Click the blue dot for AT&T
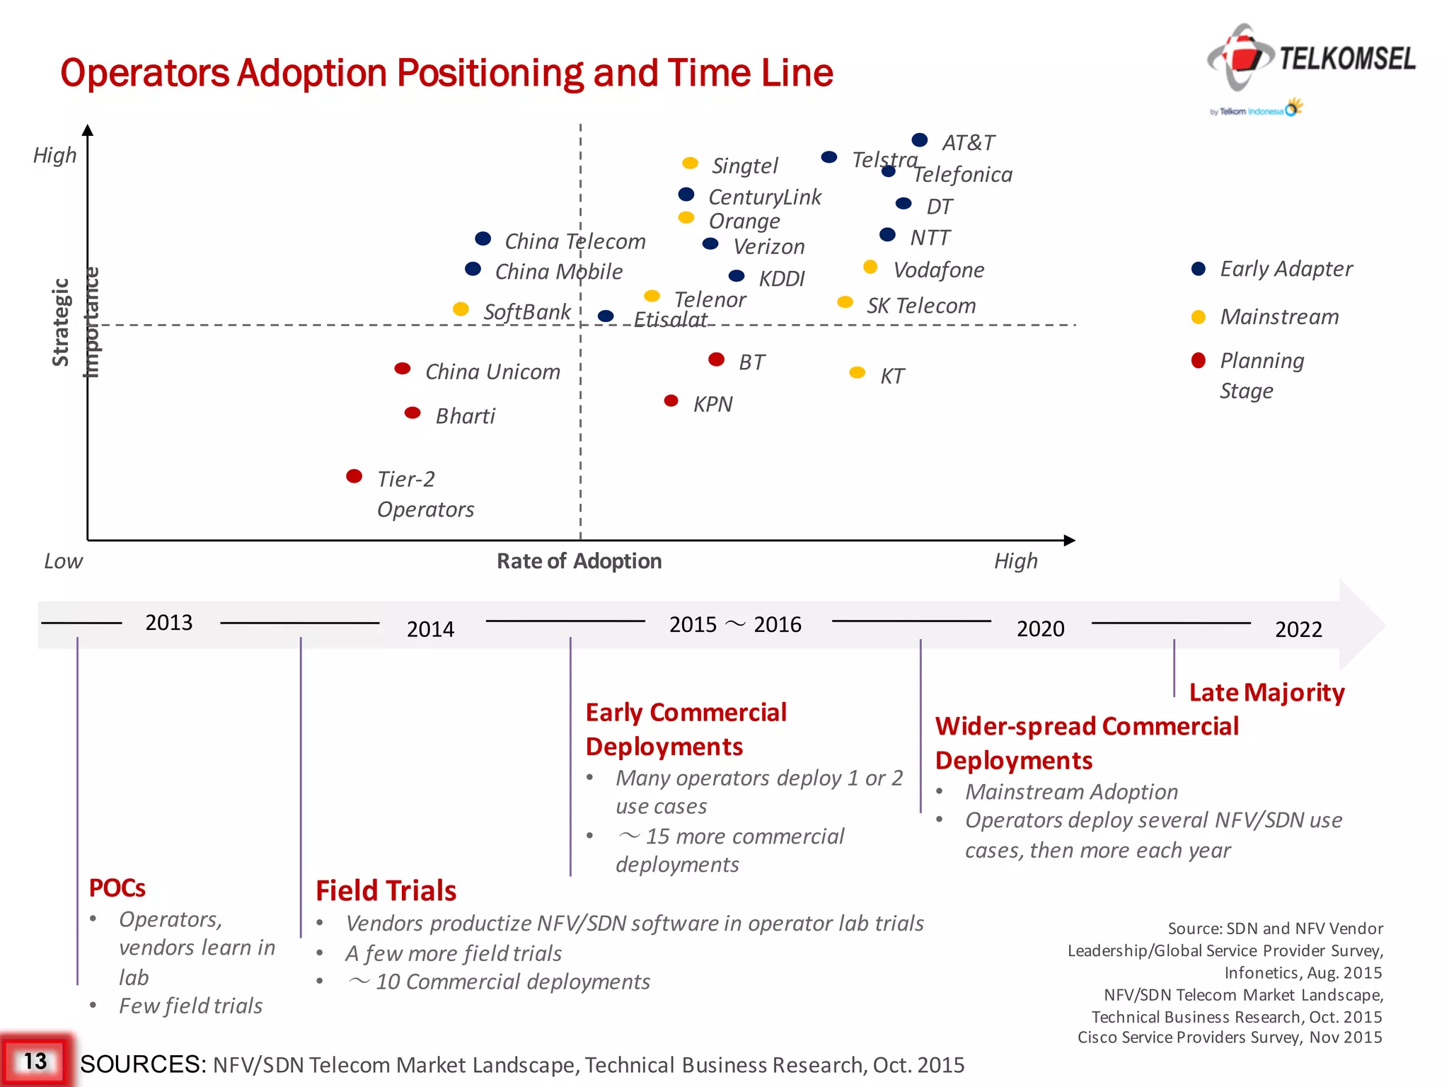(x=919, y=139)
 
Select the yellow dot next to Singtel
(x=690, y=163)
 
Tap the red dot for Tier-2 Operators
(x=354, y=476)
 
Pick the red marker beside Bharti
(x=412, y=413)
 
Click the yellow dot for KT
(x=857, y=372)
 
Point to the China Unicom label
(x=492, y=372)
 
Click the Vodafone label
(x=938, y=270)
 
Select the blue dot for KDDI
(x=737, y=275)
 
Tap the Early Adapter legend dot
(x=1198, y=269)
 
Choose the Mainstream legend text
(x=1279, y=316)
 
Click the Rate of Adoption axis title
(x=579, y=561)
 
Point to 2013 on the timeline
(x=168, y=622)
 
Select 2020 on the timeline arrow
(x=1040, y=628)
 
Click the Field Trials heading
(x=386, y=890)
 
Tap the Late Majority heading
(x=1266, y=692)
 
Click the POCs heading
(x=117, y=887)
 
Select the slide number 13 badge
(x=35, y=1061)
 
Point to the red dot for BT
(x=716, y=360)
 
